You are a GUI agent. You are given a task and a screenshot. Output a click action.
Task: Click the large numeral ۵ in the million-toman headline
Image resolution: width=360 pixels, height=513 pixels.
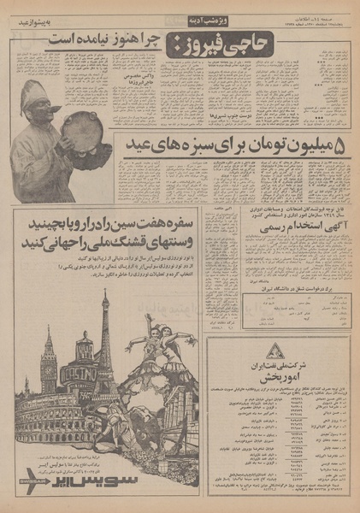(337, 146)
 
